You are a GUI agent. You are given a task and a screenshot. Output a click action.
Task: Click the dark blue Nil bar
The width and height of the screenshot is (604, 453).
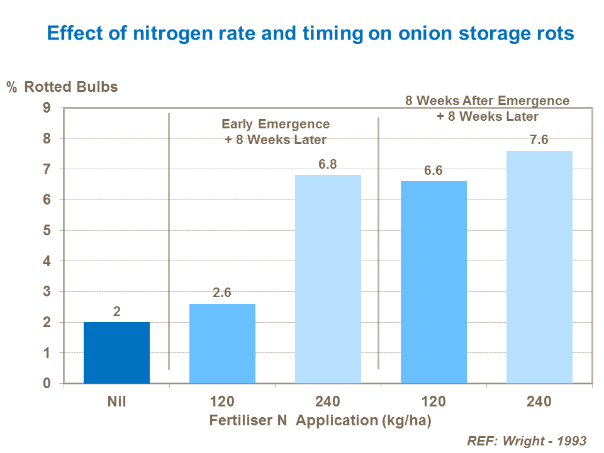(x=116, y=352)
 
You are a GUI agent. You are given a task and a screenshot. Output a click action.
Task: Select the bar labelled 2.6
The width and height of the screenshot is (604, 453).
(x=222, y=344)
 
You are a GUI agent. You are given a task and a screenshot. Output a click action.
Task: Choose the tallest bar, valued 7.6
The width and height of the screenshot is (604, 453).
(x=539, y=267)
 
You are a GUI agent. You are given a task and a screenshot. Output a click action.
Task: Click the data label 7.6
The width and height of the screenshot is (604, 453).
(x=539, y=140)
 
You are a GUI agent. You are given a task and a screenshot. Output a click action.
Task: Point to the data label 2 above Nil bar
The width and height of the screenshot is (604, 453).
(x=117, y=311)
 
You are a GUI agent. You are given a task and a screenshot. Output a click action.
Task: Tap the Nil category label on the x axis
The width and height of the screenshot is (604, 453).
(x=117, y=401)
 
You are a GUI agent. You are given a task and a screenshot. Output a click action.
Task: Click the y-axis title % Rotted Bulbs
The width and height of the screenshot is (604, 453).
(x=62, y=87)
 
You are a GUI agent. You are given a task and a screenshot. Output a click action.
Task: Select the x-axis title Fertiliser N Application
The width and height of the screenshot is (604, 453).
(x=320, y=420)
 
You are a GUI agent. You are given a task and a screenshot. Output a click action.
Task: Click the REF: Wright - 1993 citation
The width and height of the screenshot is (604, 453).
(x=527, y=440)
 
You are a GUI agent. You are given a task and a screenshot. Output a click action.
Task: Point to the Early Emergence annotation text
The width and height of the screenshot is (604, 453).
(x=276, y=124)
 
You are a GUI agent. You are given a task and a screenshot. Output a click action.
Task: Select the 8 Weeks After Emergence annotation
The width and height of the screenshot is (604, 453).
(x=486, y=101)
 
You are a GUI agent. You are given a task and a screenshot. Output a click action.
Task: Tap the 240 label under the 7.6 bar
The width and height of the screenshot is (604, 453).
(x=539, y=401)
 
